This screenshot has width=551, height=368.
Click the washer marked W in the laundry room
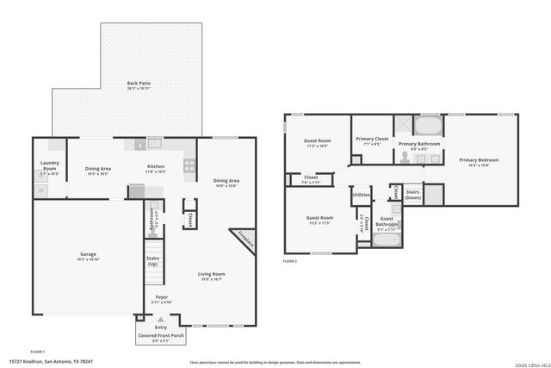click(x=40, y=190)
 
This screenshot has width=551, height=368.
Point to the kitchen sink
click(x=155, y=143)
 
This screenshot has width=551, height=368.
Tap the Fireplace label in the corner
click(x=245, y=241)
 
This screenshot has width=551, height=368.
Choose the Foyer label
click(x=162, y=300)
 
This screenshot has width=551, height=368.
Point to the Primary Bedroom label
click(x=479, y=162)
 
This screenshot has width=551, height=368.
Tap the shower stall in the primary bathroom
click(x=404, y=123)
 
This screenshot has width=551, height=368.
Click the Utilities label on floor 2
click(x=362, y=195)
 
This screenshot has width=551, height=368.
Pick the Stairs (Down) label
click(x=412, y=195)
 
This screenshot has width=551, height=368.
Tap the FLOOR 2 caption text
click(x=290, y=260)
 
